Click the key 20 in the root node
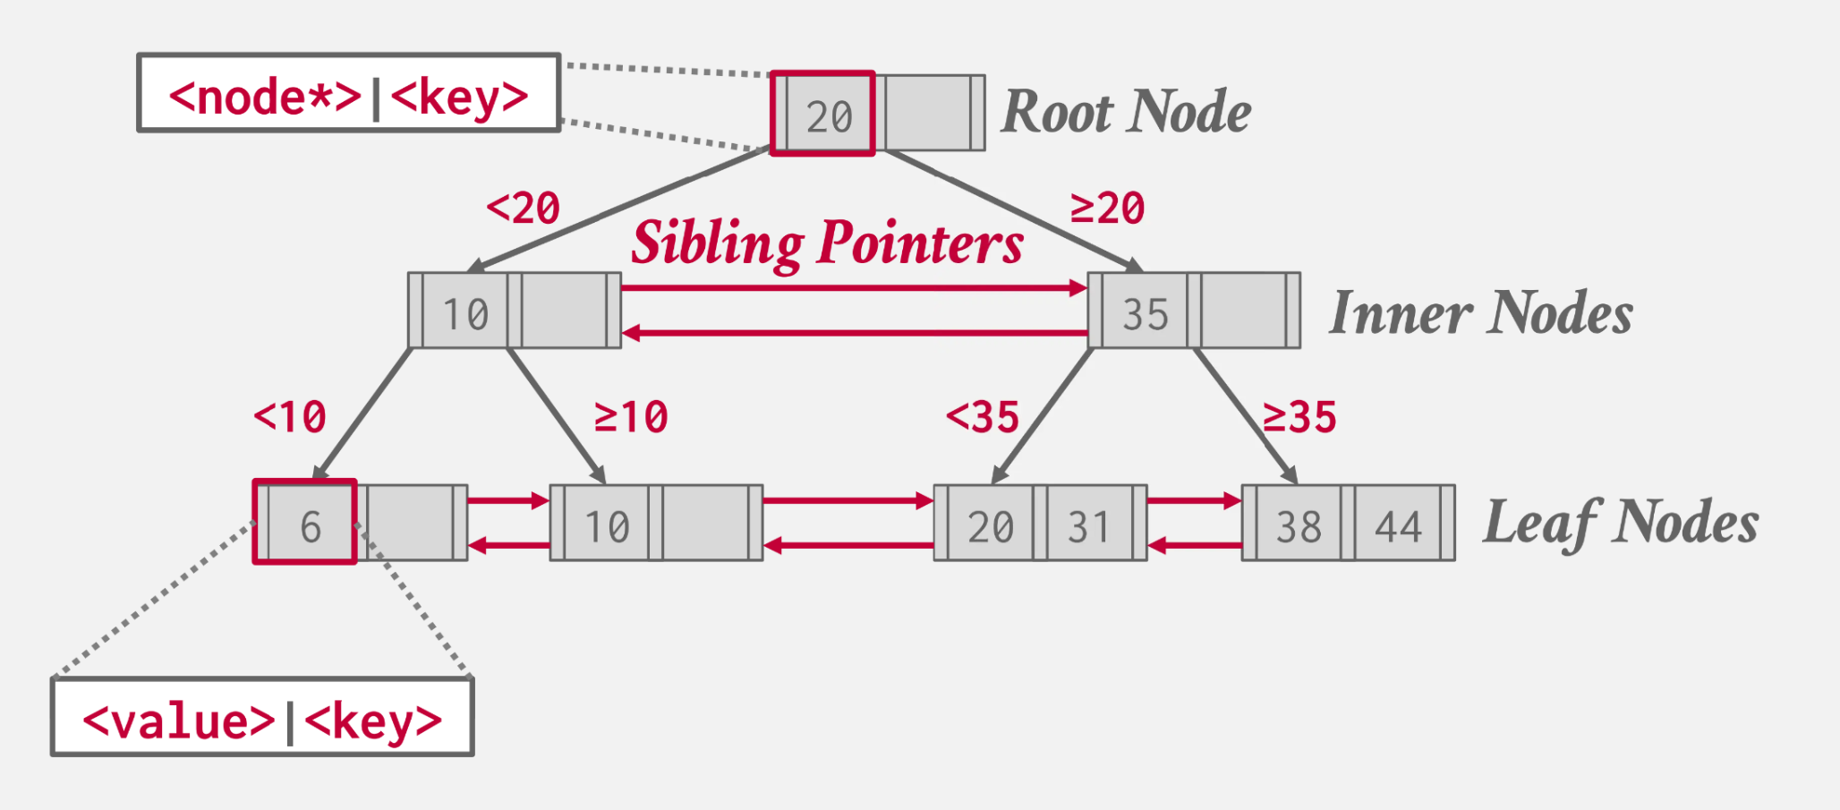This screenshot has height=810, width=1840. tap(828, 116)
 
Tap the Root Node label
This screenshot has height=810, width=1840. tap(1126, 112)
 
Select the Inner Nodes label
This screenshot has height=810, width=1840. tap(1481, 313)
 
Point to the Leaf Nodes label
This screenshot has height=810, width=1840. tap(1621, 523)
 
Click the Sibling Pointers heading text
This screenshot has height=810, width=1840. tap(827, 243)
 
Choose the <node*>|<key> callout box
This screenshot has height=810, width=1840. tap(349, 93)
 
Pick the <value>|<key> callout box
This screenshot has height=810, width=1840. tap(262, 717)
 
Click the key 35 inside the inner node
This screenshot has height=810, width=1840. tap(1146, 314)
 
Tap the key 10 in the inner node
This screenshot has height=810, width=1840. tap(466, 314)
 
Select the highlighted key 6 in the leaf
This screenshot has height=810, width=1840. tap(310, 526)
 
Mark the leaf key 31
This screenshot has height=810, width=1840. tap(1088, 526)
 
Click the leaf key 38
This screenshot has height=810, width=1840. tap(1299, 526)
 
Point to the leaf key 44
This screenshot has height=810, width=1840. tap(1398, 526)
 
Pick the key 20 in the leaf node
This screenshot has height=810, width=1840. tap(990, 526)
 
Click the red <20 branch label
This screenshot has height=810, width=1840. tap(524, 209)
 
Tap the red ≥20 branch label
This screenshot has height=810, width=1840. tap(1108, 209)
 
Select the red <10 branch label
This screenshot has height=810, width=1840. tap(290, 417)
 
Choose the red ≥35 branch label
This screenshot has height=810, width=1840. tap(1299, 417)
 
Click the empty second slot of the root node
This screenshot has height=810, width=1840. tap(928, 113)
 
